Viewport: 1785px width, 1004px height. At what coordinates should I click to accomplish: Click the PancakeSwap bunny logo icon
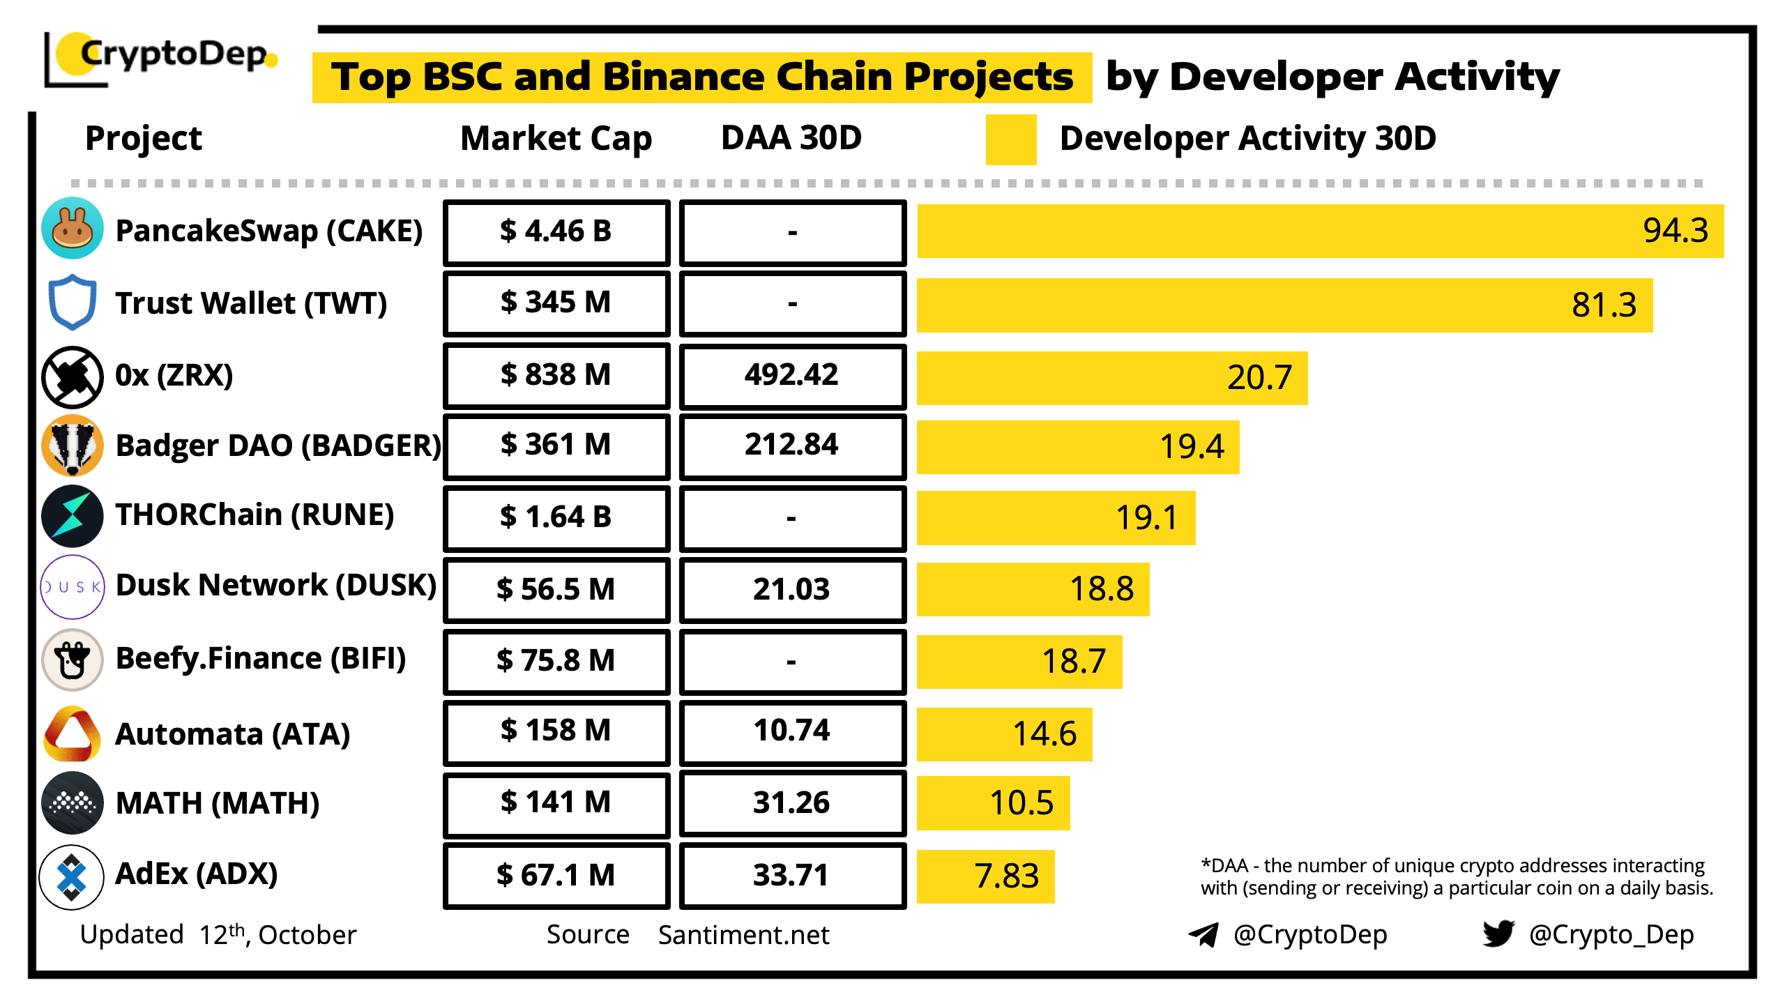73,229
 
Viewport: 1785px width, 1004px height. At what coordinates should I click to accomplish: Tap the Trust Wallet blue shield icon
73,302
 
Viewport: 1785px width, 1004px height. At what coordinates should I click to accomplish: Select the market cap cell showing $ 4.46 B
556,232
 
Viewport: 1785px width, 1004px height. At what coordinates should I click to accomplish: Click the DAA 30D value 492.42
792,375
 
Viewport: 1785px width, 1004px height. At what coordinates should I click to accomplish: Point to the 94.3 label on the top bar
1675,231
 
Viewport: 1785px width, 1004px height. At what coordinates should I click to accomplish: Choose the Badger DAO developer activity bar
1077,447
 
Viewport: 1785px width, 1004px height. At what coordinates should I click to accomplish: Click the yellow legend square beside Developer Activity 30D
1010,139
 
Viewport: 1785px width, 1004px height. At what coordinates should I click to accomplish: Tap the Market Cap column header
556,138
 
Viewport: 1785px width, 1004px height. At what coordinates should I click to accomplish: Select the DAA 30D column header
791,138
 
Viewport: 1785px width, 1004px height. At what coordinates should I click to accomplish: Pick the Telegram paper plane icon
1203,934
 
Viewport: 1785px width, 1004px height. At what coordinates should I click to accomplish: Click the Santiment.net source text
743,935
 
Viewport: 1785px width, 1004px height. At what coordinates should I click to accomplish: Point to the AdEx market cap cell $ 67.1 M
556,875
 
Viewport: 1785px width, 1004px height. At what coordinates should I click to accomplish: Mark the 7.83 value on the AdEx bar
1006,876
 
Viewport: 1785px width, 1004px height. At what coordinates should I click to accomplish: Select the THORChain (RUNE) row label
255,515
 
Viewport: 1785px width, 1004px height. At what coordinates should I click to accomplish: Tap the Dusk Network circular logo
73,587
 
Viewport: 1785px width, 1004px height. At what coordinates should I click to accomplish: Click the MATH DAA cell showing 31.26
792,803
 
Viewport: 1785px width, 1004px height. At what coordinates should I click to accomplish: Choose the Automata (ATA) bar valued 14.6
1004,734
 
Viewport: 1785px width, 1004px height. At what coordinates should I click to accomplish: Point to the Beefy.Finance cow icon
73,660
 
